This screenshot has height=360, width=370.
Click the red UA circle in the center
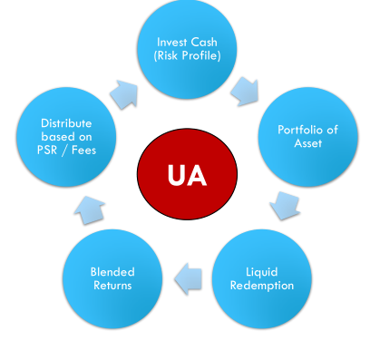[187, 174]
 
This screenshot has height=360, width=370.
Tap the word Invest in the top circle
[171, 42]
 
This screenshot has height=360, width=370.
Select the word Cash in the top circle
[203, 42]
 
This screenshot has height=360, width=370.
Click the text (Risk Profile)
[187, 55]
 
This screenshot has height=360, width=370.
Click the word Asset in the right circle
[308, 143]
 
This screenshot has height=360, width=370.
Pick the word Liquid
[262, 272]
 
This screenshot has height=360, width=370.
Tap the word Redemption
[262, 286]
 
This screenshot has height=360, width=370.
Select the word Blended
[112, 272]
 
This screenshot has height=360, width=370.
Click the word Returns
[112, 286]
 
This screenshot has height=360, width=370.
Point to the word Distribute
[66, 123]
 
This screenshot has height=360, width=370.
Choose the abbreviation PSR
[47, 150]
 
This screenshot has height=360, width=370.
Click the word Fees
[83, 150]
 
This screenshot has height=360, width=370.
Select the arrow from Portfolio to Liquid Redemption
[285, 206]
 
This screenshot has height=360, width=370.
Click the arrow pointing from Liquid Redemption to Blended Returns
[188, 278]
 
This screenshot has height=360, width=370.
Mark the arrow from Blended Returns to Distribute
[90, 210]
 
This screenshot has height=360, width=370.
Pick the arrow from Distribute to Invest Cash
[124, 94]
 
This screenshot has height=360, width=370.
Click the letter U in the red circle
[176, 175]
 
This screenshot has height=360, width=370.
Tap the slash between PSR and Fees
[64, 151]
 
